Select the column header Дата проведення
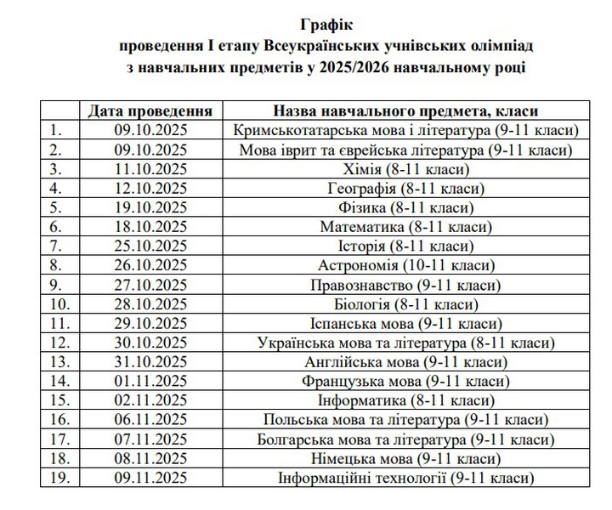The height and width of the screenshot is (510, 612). (x=150, y=110)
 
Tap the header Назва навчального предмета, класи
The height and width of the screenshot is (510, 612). (x=405, y=110)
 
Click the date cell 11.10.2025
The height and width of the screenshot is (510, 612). (x=150, y=169)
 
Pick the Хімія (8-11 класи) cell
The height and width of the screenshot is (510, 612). (x=405, y=169)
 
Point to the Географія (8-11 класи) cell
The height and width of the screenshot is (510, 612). (x=405, y=188)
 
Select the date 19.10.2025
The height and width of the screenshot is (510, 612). (x=150, y=207)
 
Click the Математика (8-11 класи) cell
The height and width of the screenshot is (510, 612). (x=405, y=227)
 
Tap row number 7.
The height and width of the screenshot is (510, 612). (x=57, y=246)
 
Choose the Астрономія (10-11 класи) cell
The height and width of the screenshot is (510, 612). (x=405, y=265)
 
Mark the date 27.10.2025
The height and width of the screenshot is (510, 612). (x=150, y=285)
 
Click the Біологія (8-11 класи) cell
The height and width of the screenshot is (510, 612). (x=405, y=304)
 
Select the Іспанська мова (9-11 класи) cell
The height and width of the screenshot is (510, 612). (x=405, y=324)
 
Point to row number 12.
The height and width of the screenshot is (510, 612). (x=59, y=343)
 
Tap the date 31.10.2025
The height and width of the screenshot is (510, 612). (x=150, y=362)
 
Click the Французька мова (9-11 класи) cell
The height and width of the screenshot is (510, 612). (x=405, y=382)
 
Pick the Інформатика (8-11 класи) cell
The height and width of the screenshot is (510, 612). (x=405, y=400)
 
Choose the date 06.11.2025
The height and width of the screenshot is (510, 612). (x=150, y=420)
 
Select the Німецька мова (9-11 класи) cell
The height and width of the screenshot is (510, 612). (x=405, y=459)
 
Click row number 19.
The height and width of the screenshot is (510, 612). (x=59, y=478)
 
